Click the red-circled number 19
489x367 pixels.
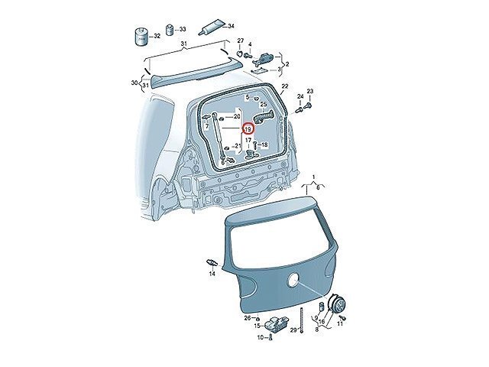pyautogui.click(x=248, y=128)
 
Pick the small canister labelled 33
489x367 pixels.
pyautogui.click(x=170, y=29)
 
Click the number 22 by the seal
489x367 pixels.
pyautogui.click(x=285, y=86)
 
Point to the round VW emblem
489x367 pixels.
pyautogui.click(x=338, y=304)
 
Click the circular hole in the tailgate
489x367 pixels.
pyautogui.click(x=293, y=279)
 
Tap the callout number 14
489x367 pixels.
pyautogui.click(x=212, y=274)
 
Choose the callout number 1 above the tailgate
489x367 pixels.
pyautogui.click(x=314, y=177)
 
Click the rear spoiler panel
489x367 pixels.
pyautogui.click(x=189, y=74)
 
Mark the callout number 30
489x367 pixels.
pyautogui.click(x=134, y=83)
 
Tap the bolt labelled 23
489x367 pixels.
pyautogui.click(x=309, y=106)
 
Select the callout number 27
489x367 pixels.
pyautogui.click(x=240, y=41)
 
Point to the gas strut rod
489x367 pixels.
pyautogui.click(x=219, y=138)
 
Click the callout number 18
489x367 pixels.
pyautogui.click(x=264, y=145)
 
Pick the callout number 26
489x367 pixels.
pyautogui.click(x=247, y=318)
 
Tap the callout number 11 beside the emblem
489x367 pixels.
pyautogui.click(x=340, y=324)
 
